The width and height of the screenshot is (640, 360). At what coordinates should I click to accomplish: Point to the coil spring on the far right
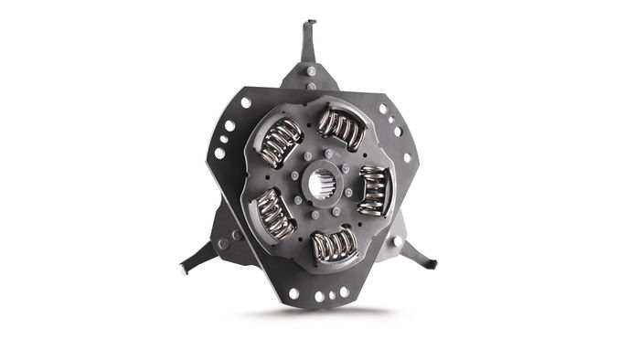point(372,190)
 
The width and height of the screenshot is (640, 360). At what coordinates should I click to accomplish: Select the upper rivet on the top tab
point(312,70)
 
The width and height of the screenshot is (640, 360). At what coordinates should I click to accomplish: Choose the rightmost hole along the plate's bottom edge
point(345,291)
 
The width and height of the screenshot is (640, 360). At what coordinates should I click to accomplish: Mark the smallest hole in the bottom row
point(332,294)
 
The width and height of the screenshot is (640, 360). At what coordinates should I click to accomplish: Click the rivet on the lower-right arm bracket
point(397,241)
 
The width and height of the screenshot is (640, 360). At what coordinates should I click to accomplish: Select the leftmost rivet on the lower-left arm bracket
point(222,243)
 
